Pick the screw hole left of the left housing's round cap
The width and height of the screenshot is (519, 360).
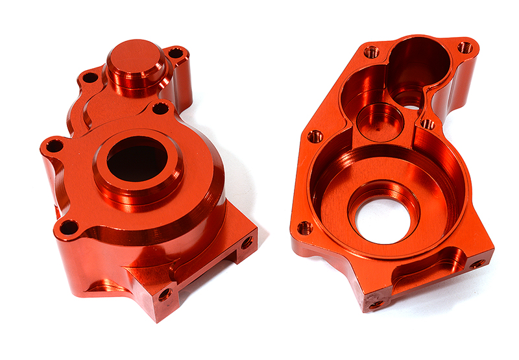tap(90, 78)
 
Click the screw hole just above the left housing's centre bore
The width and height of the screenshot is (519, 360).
tap(160, 108)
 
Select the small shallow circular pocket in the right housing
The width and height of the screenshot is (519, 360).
tap(380, 121)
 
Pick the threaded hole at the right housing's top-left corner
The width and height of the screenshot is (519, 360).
tap(371, 52)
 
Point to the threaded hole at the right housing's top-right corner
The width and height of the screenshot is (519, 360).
tap(465, 47)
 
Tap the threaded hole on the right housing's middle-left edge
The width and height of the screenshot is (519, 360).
tap(315, 136)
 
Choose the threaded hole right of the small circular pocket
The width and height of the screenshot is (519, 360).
tap(428, 123)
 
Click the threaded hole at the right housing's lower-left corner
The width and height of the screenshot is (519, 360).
tap(304, 228)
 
